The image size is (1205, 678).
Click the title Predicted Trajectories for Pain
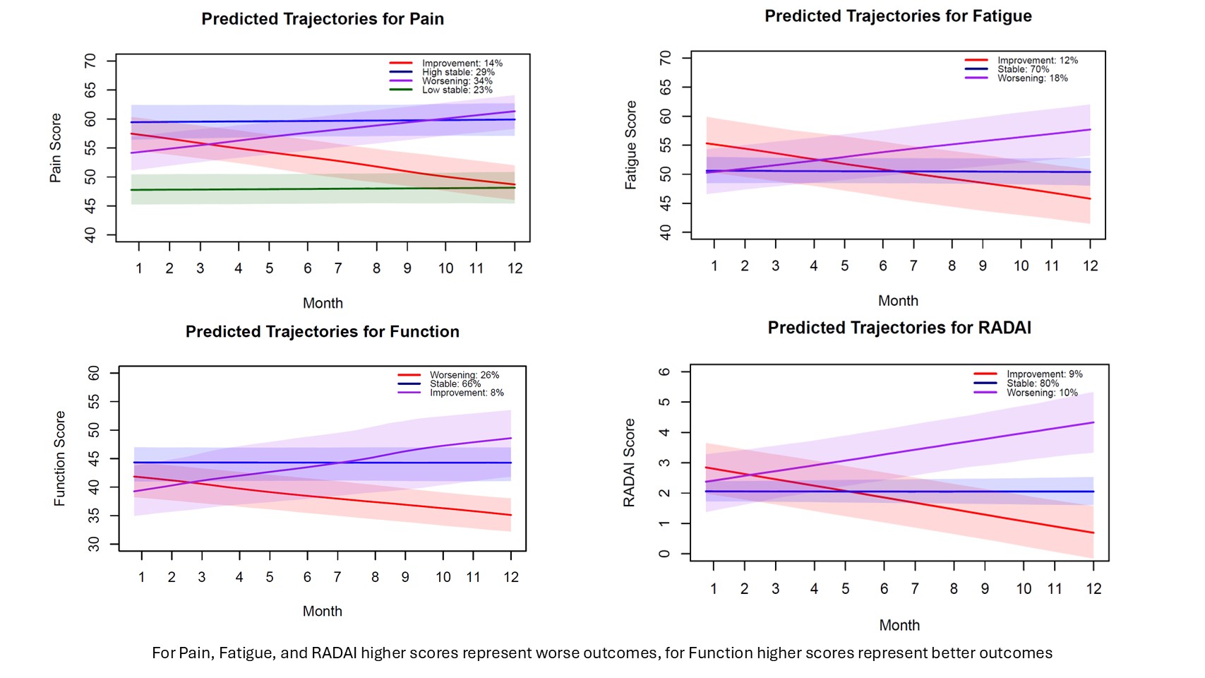(x=323, y=19)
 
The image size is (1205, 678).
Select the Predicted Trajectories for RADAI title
(x=899, y=328)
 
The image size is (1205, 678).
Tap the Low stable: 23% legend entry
(x=457, y=90)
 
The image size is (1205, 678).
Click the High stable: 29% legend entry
(x=458, y=72)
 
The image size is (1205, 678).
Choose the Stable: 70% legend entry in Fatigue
(x=1023, y=69)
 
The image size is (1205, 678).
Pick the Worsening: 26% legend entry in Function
(x=464, y=375)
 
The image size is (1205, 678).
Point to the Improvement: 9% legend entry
(x=1044, y=374)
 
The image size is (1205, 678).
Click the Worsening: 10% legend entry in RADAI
(x=1042, y=393)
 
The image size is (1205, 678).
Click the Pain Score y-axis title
(x=56, y=148)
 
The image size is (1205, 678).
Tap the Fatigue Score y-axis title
(x=631, y=145)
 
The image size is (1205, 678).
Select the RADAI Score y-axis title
(x=629, y=463)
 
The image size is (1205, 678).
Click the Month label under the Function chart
(x=323, y=612)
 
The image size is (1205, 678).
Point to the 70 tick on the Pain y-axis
(x=90, y=61)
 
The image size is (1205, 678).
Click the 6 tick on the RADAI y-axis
(x=664, y=371)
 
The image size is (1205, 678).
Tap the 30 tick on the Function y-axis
(x=94, y=545)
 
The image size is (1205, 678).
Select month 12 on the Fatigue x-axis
(x=1091, y=266)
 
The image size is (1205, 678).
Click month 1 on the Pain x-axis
(x=139, y=268)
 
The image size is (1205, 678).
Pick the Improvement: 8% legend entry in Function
(x=467, y=393)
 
